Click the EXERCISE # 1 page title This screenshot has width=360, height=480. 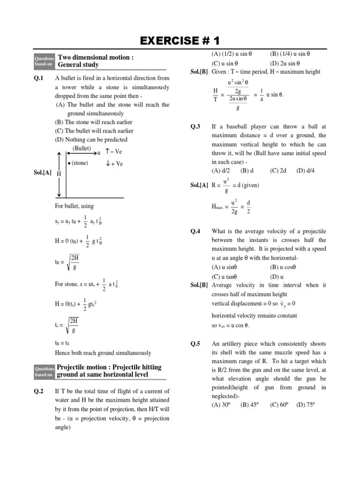coord(180,40)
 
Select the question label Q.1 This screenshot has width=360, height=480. coord(38,78)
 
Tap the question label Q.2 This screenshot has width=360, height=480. coord(38,391)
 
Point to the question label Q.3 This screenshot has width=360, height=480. coord(195,127)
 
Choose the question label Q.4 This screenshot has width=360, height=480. coord(195,231)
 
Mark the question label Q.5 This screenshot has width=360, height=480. coord(195,344)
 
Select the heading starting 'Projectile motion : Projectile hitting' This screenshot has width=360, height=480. coord(109,371)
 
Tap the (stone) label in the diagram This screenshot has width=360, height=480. coord(78,163)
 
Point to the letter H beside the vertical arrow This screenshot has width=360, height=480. coord(59,173)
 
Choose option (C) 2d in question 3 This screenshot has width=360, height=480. coord(277,171)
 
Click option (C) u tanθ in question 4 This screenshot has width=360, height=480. coord(226,276)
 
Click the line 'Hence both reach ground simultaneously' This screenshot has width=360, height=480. coord(103,352)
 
